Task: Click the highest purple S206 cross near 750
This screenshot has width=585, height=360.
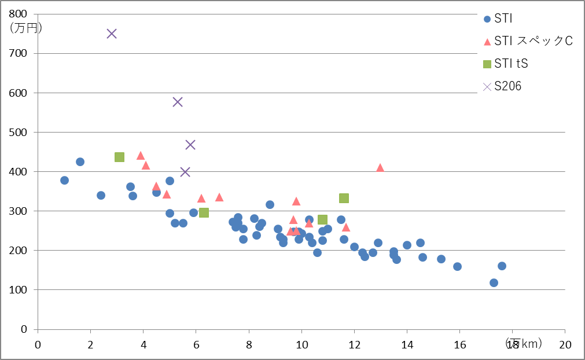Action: (x=112, y=34)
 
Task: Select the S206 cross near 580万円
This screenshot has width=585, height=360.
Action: (x=178, y=102)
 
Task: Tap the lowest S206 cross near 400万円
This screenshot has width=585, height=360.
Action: (x=185, y=172)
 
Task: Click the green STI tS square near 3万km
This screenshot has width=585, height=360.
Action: (x=120, y=157)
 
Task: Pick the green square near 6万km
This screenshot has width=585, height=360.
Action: (x=204, y=212)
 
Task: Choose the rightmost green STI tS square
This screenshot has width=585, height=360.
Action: (x=344, y=198)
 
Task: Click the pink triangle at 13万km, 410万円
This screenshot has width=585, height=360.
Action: (x=380, y=168)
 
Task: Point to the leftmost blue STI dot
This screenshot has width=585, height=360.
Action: (x=64, y=180)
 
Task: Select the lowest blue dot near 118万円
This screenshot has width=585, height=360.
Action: (x=494, y=282)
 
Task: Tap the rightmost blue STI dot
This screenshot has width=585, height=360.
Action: (x=502, y=266)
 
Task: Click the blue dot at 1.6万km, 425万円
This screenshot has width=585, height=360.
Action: (x=80, y=161)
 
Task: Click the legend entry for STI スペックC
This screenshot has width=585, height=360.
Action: (x=533, y=41)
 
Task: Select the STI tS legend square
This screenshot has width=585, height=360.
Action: (x=487, y=64)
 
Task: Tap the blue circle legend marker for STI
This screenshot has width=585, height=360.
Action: (x=487, y=19)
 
